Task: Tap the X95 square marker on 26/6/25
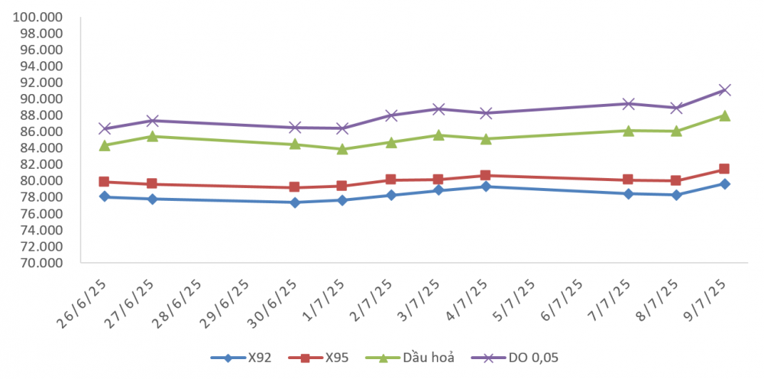point(105,182)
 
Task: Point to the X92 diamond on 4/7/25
point(485,186)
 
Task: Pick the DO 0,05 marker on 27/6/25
point(153,121)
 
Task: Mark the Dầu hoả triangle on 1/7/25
point(342,149)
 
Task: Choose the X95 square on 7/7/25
point(628,180)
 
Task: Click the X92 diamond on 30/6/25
point(295,202)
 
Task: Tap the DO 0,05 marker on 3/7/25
point(438,109)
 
